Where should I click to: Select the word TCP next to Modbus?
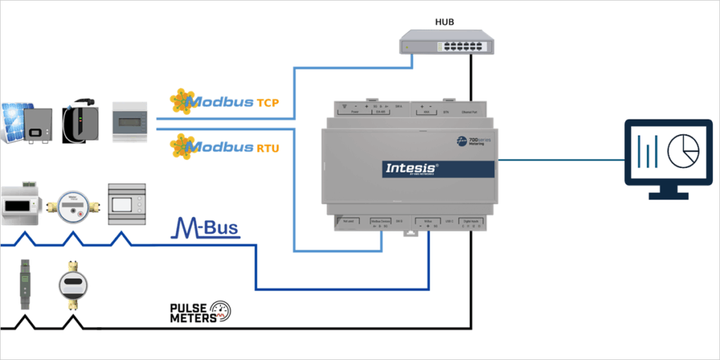click(267, 103)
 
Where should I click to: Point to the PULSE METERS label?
click(188, 313)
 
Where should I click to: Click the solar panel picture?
click(15, 122)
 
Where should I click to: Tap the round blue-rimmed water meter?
click(72, 205)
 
